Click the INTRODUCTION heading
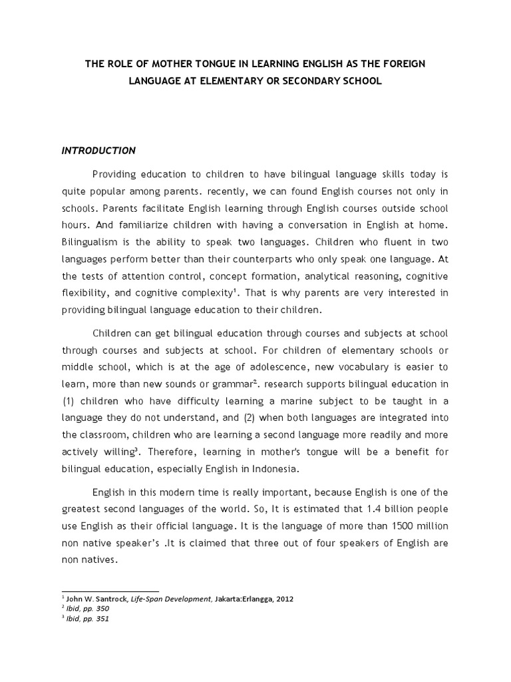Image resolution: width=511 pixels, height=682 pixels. [98, 151]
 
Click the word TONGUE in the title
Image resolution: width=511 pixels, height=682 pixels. [212, 64]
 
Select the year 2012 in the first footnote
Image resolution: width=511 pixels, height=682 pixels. [281, 599]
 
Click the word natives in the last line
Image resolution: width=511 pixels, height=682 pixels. [101, 560]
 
